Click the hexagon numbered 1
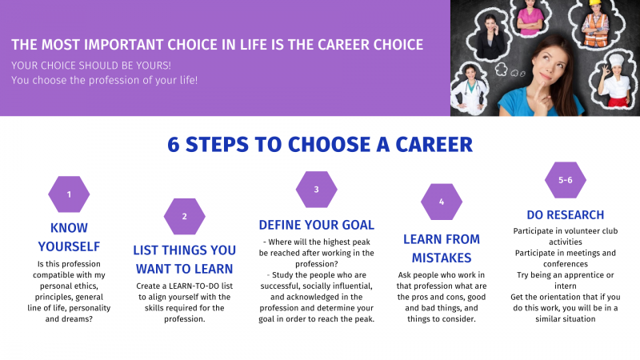(69, 194)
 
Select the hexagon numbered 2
(185, 216)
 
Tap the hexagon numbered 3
(316, 190)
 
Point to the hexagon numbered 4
(442, 202)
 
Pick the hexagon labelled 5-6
(566, 180)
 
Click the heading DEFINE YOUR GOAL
(316, 225)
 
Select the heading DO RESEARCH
(566, 214)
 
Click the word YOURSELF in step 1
(69, 246)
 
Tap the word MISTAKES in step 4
(442, 258)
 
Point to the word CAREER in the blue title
(434, 145)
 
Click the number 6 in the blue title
(174, 145)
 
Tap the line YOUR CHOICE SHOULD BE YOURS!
(91, 66)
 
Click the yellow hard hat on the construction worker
(596, 2)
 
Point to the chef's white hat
(616, 60)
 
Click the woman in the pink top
(530, 16)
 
